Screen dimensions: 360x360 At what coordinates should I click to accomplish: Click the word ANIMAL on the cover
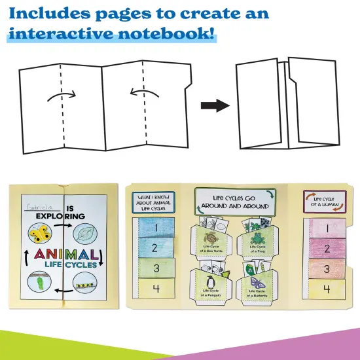[x=62, y=254]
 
